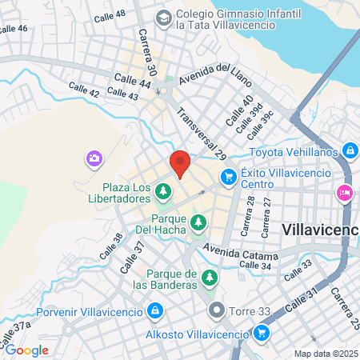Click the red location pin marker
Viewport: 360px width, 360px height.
(180, 162)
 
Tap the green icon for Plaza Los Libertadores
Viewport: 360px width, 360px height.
(163, 190)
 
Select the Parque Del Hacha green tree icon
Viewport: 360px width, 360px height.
(197, 228)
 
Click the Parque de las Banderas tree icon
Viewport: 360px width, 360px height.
(210, 278)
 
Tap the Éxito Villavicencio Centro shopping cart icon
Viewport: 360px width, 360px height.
(228, 175)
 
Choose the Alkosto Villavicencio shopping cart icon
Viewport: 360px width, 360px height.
(261, 333)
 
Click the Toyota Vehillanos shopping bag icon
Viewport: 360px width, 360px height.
(350, 150)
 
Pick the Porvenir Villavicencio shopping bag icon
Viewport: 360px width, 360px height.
(155, 310)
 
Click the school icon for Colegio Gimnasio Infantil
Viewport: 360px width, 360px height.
(162, 16)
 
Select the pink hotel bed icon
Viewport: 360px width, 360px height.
(345, 192)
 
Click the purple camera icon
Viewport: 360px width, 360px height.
(94, 158)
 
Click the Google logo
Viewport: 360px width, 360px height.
(26, 350)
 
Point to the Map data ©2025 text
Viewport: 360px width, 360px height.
(326, 354)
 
